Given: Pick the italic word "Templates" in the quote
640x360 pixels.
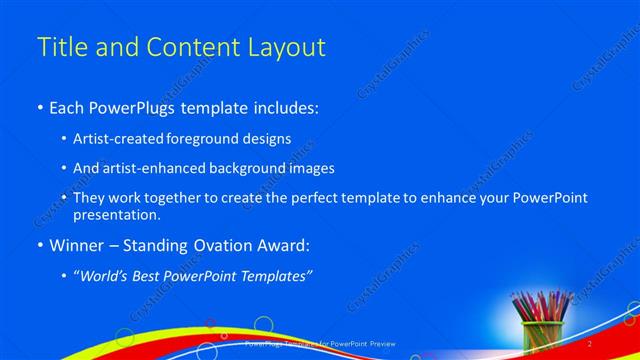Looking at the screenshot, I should tap(279, 275).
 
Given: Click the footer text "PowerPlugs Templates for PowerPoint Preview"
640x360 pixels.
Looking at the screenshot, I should tap(320, 343).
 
